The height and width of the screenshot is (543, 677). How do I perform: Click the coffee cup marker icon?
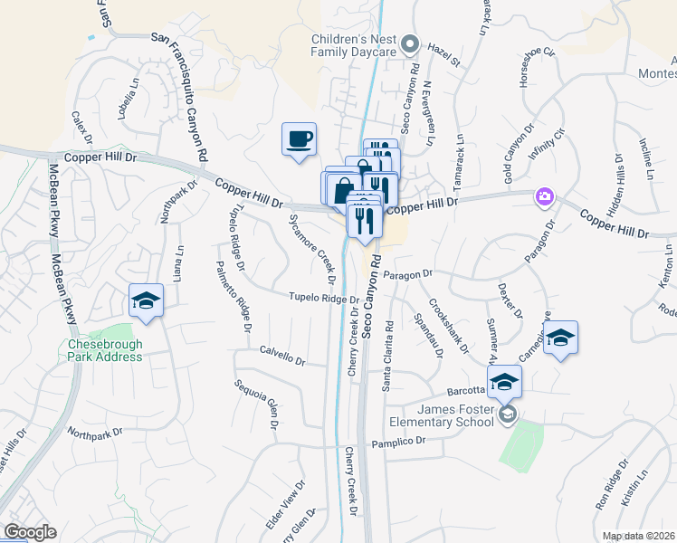(299, 139)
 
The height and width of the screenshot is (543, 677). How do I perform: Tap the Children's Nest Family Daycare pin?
(411, 42)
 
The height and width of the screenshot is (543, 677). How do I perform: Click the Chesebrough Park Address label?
(105, 350)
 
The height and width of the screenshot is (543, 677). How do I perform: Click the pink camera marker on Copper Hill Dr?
(544, 196)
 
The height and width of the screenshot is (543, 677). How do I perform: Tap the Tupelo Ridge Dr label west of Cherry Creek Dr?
(324, 298)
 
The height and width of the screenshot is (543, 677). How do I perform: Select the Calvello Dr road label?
(282, 355)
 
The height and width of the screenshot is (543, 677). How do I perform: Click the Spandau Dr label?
(426, 336)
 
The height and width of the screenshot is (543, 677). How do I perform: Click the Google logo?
(30, 532)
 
